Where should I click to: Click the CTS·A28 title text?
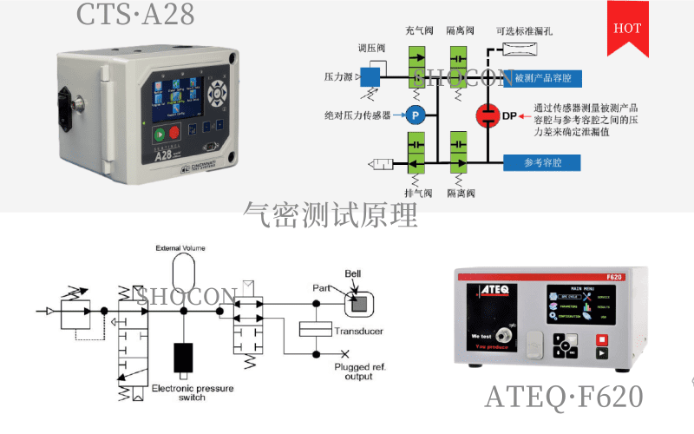[134, 14]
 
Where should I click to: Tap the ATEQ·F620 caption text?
[563, 397]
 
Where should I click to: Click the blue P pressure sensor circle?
[415, 114]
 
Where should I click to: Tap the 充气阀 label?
[419, 30]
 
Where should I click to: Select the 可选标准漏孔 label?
[524, 30]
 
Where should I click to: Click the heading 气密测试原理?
[331, 214]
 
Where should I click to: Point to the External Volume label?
[180, 248]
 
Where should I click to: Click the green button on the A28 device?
[160, 134]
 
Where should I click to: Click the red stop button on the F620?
[599, 340]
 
